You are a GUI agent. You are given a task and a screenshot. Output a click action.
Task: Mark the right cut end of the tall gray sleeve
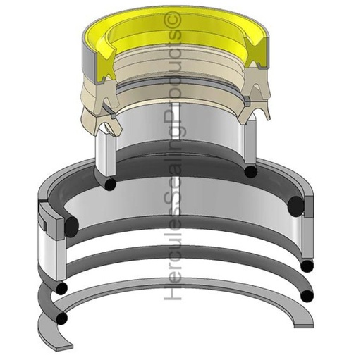(x=249, y=144)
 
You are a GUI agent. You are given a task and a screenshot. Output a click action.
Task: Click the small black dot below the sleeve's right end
(x=249, y=171)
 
